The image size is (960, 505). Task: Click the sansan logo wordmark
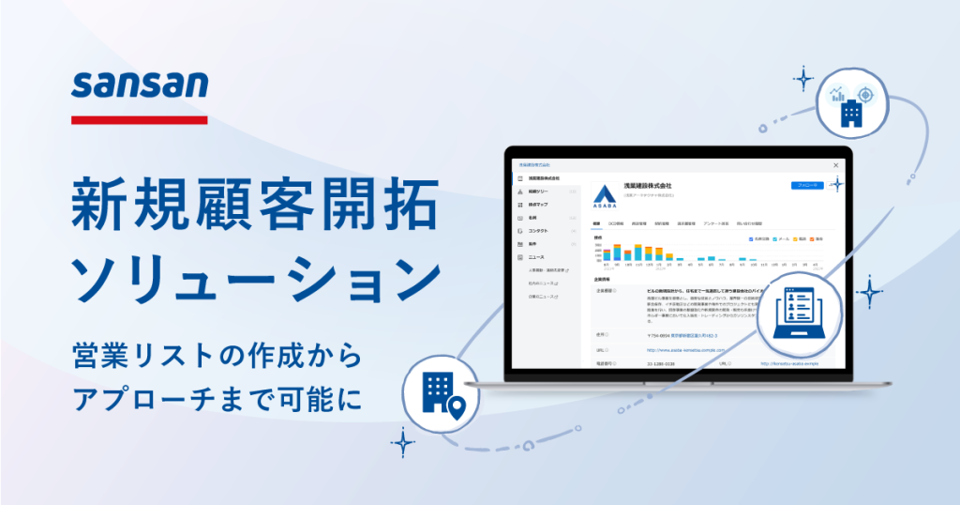pyautogui.click(x=140, y=86)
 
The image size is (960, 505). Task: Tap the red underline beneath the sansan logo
pyautogui.click(x=140, y=119)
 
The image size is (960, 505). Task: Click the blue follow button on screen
pyautogui.click(x=806, y=186)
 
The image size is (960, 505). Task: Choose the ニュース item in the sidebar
pyautogui.click(x=535, y=256)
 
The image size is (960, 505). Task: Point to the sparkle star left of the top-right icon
pyautogui.click(x=803, y=78)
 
